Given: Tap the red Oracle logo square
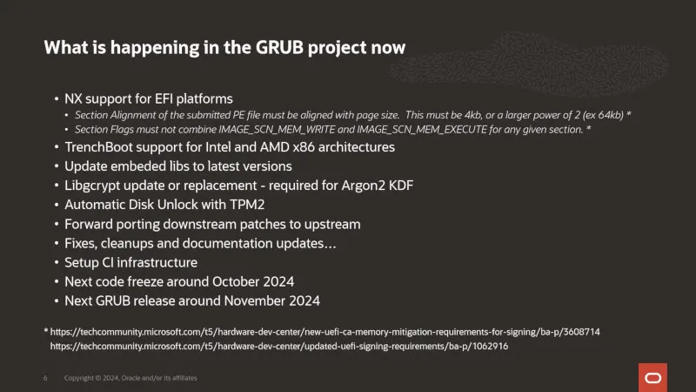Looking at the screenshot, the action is tap(652, 377).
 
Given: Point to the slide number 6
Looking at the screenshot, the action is tap(45, 378).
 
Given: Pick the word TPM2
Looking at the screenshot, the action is tap(247, 205).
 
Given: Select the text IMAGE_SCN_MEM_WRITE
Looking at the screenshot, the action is tap(277, 130).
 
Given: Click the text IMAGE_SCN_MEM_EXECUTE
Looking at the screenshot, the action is tap(422, 130).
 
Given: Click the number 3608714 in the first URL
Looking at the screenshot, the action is tap(581, 332).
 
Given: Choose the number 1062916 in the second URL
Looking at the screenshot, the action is tap(490, 346).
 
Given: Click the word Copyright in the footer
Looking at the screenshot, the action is tap(79, 378).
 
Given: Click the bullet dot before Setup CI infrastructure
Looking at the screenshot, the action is tap(57, 263).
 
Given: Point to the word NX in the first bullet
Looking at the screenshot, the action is tap(73, 98).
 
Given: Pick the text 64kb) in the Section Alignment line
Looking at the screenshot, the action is tap(611, 115).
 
